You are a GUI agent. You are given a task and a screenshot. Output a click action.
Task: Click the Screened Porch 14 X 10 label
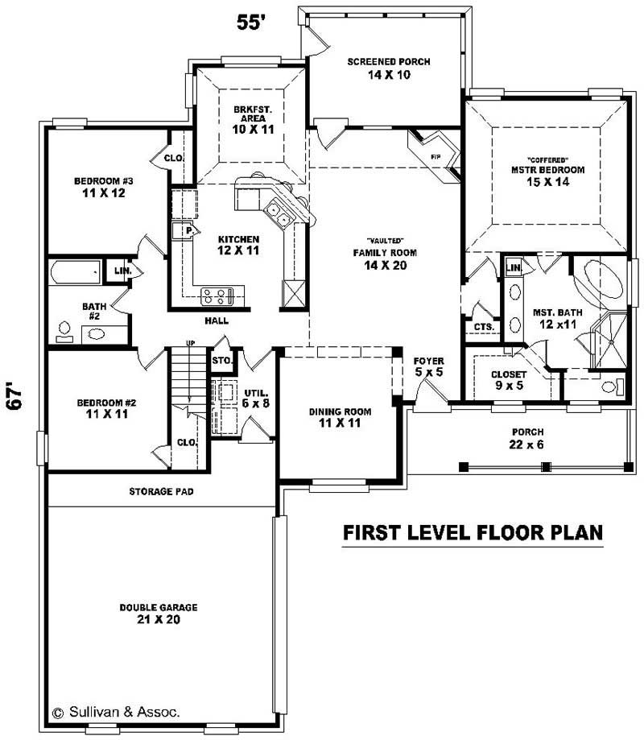tap(389, 68)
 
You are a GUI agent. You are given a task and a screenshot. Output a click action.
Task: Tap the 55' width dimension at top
tap(250, 22)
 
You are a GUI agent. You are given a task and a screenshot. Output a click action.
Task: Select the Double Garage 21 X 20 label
tap(159, 614)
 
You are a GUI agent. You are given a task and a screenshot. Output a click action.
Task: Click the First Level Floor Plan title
tap(473, 533)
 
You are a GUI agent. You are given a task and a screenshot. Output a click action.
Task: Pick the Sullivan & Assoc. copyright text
tap(116, 712)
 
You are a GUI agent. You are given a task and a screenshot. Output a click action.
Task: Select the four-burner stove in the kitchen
tap(216, 296)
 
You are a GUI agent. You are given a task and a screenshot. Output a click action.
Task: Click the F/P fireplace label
tap(436, 156)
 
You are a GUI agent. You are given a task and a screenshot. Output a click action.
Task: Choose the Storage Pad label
tap(161, 491)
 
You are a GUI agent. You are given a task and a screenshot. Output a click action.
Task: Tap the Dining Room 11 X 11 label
tap(340, 417)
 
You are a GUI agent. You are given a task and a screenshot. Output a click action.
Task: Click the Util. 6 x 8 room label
tap(256, 399)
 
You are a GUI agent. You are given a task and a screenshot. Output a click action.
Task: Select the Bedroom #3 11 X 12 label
tap(97, 187)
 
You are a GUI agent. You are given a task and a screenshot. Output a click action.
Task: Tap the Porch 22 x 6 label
tap(526, 438)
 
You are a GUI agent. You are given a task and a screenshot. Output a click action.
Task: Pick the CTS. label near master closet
tap(483, 326)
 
